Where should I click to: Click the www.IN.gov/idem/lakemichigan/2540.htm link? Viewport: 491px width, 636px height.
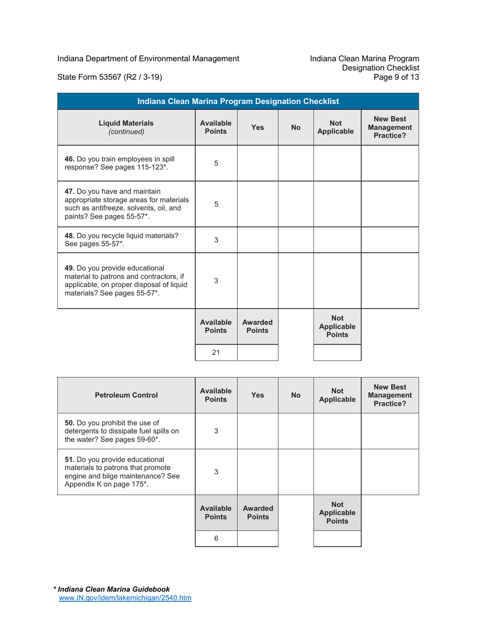[x=126, y=598]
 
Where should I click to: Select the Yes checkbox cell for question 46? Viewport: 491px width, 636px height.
[x=257, y=163]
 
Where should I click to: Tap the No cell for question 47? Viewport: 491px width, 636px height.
[x=296, y=204]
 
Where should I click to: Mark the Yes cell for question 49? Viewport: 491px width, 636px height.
[x=257, y=281]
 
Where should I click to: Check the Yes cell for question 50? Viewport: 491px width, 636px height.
[x=257, y=431]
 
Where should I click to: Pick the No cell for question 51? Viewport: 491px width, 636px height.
[x=296, y=472]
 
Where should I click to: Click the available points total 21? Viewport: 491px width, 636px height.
[x=216, y=353]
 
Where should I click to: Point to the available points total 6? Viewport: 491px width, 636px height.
[x=216, y=538]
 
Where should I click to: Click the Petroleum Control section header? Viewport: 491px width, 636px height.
[x=126, y=395]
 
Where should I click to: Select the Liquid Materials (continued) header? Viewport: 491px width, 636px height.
[x=126, y=127]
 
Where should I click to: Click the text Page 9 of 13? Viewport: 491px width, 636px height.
[x=398, y=78]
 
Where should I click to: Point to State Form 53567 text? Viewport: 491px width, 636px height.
[x=110, y=78]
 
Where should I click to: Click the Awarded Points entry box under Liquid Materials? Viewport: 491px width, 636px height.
[x=257, y=353]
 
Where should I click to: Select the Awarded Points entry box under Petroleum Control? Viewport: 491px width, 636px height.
[x=257, y=538]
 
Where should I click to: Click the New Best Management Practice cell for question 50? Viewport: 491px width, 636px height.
[x=390, y=431]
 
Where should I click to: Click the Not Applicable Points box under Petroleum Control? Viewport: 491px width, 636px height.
[x=337, y=538]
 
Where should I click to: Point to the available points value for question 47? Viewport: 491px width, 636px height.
[x=216, y=204]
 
